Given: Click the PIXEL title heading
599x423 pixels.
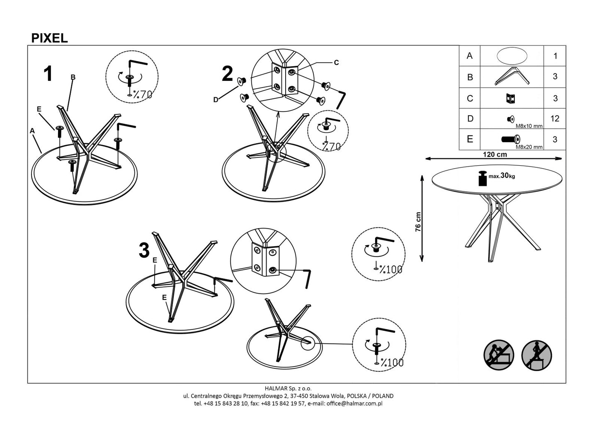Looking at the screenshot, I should (x=49, y=38).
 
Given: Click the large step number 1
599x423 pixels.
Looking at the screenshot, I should (x=48, y=74).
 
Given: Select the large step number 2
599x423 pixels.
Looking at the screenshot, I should (x=227, y=75).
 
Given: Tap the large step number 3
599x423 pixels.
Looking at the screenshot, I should (x=144, y=251).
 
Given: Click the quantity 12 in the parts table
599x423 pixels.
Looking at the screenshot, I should (x=555, y=119).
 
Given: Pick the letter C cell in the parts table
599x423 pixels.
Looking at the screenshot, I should (x=470, y=98).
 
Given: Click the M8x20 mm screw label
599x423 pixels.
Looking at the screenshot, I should (x=529, y=147).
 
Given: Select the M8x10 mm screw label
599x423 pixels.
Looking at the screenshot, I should (x=529, y=126).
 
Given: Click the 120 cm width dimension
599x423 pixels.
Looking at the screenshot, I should (x=495, y=155).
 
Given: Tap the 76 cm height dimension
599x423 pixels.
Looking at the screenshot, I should (x=418, y=222).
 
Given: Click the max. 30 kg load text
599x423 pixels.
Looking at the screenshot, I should (x=502, y=176).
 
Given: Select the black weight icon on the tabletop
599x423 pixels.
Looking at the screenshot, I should (x=482, y=178).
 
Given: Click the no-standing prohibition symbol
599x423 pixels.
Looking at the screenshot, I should (x=536, y=355).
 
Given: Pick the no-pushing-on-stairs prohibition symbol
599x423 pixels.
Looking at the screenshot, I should (x=499, y=355).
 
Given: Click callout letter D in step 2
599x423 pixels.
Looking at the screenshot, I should (x=216, y=99).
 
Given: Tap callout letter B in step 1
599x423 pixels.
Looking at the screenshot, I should (x=73, y=77).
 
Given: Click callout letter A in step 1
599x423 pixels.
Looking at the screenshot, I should (x=32, y=131).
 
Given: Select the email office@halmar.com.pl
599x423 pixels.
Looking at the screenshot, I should (x=354, y=403).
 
